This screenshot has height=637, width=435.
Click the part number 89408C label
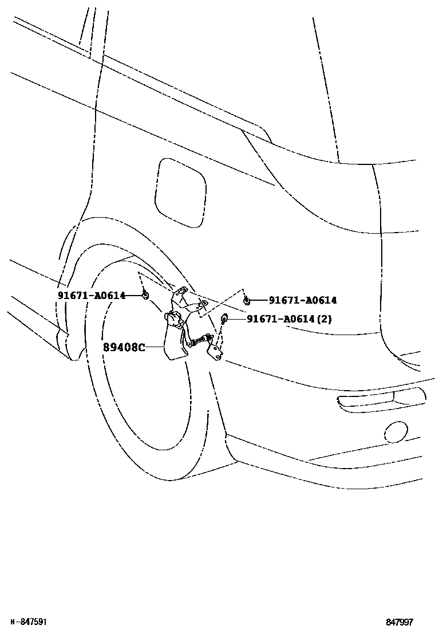tap(124, 347)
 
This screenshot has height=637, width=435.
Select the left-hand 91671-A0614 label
tap(91, 295)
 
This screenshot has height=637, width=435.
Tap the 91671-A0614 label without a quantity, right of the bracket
tap(303, 300)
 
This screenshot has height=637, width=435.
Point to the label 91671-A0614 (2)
tap(289, 319)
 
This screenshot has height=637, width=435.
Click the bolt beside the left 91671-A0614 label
tap(145, 295)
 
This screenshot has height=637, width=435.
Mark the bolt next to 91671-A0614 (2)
tap(224, 318)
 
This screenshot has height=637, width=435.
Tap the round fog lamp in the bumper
tap(395, 432)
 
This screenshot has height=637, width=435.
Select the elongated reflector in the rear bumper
tap(381, 400)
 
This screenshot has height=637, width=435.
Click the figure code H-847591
tap(29, 622)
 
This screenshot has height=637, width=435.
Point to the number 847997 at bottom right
tap(399, 622)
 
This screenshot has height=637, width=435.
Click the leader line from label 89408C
tap(155, 347)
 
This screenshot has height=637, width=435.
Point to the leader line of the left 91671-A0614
tap(134, 295)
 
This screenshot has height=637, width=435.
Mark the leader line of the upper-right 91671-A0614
tap(258, 300)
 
